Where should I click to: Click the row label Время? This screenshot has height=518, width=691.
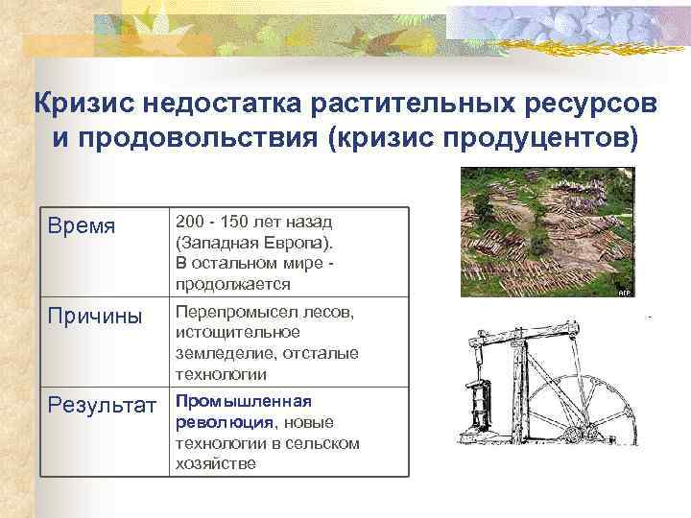(82, 226)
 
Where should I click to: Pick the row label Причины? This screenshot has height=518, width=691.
(96, 316)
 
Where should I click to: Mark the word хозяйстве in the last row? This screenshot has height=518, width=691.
(215, 462)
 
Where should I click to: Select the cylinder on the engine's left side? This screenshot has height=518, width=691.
(477, 404)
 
